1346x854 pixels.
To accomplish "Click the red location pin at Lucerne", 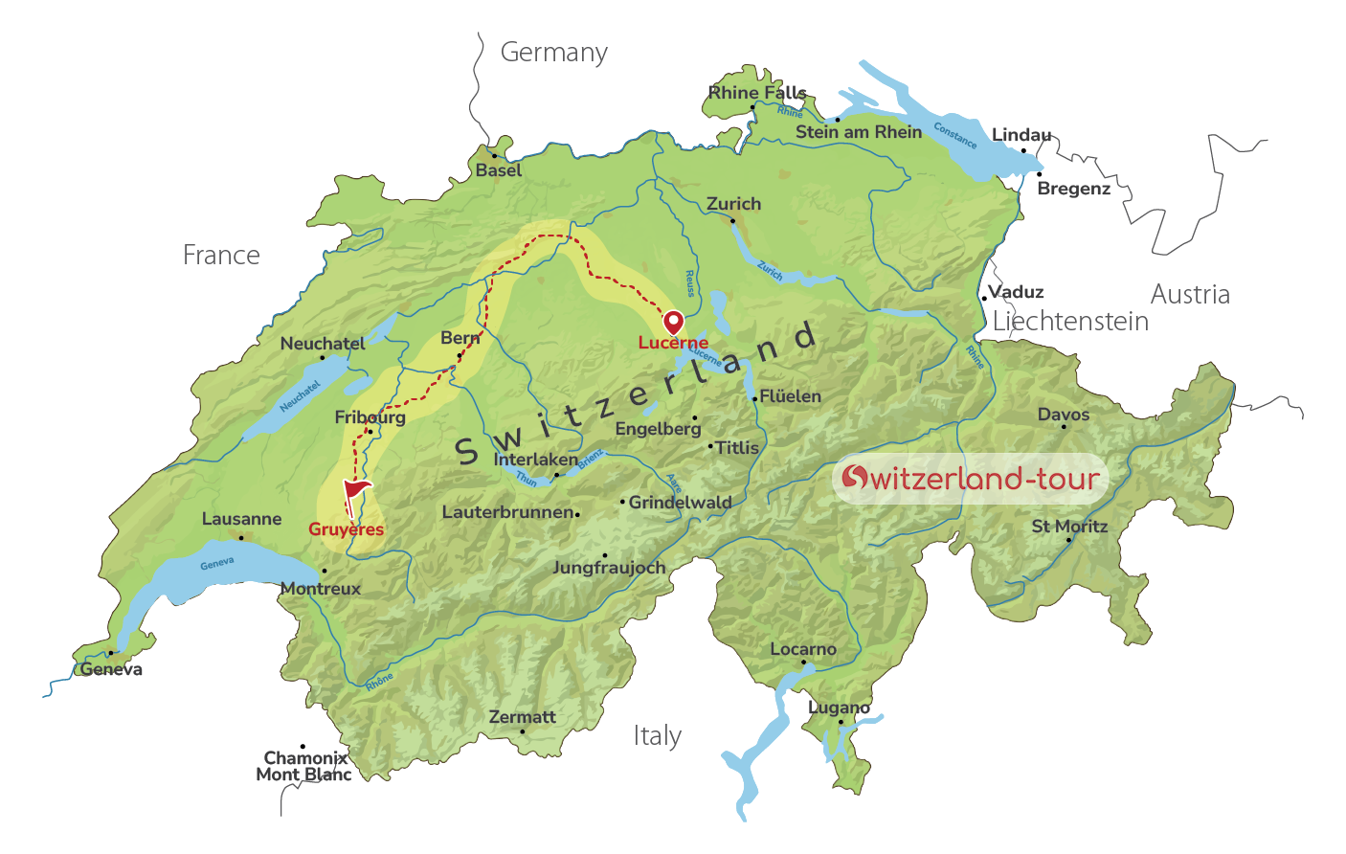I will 674,322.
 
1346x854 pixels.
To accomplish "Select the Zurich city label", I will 733,204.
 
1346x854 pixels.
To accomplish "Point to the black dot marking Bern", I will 460,356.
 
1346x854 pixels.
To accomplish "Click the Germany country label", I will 553,53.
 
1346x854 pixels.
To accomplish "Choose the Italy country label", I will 658,735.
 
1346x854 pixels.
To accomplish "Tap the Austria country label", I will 1190,294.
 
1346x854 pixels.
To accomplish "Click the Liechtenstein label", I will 1070,322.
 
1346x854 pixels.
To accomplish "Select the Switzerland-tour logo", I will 970,478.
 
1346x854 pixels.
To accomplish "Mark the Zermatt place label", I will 522,717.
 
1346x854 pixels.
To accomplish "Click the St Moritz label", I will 1069,526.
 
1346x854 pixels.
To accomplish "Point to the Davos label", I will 1064,415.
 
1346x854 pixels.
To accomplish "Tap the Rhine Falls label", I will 757,92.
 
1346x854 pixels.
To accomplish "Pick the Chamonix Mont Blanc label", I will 303,766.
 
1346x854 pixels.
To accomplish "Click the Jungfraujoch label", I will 609,568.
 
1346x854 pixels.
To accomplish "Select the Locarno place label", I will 803,649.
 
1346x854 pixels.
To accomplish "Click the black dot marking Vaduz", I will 983,299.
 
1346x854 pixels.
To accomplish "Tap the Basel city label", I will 499,170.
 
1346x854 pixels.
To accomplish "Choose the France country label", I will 221,256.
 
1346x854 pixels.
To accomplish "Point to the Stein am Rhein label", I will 859,132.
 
